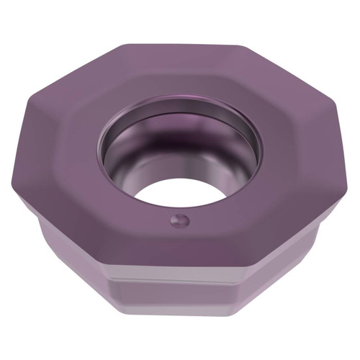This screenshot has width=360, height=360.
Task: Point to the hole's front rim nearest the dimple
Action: click(x=180, y=204)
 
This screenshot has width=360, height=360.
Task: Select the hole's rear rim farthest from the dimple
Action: click(x=180, y=108)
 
